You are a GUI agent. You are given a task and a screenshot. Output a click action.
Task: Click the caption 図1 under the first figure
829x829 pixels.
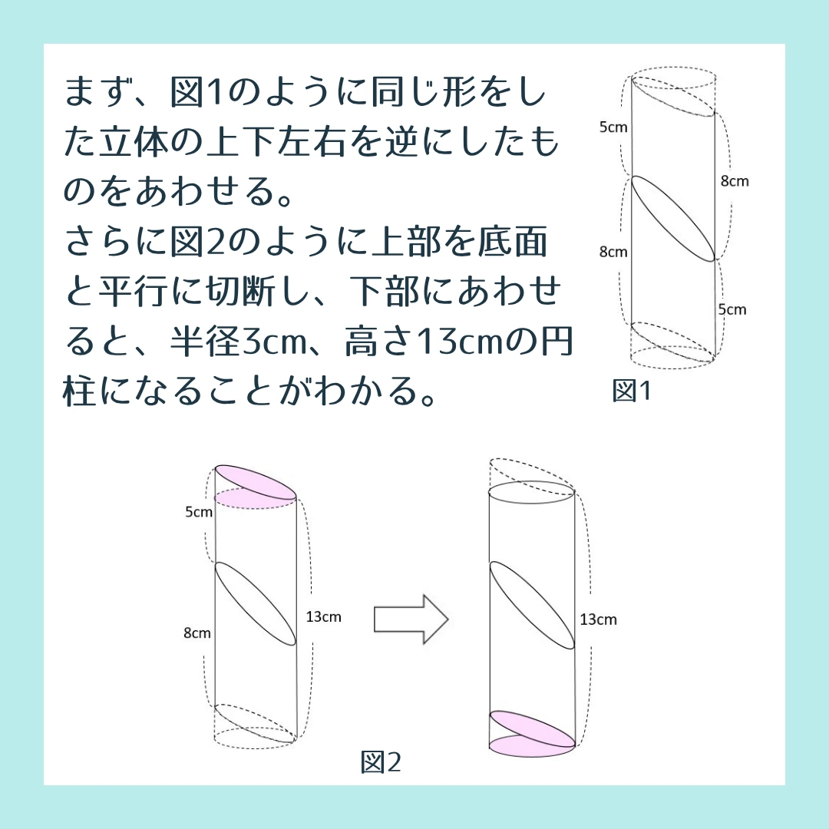pyautogui.click(x=631, y=391)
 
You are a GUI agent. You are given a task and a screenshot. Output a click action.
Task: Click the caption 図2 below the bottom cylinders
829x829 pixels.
pyautogui.click(x=381, y=762)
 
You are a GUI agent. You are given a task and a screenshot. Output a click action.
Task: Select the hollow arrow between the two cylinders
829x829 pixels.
pyautogui.click(x=411, y=619)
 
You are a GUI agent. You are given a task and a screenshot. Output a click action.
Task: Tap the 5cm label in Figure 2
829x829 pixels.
pyautogui.click(x=199, y=512)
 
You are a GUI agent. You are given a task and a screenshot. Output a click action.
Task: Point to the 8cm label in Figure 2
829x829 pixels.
pyautogui.click(x=197, y=632)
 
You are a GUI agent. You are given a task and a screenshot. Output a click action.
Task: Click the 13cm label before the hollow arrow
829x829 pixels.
pyautogui.click(x=324, y=616)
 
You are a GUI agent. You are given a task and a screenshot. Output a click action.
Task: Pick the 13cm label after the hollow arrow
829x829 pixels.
pyautogui.click(x=598, y=619)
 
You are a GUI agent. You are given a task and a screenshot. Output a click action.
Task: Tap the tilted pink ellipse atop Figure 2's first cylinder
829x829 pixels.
pyautogui.click(x=256, y=481)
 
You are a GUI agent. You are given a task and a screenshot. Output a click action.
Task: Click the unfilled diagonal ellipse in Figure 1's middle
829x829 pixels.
pyautogui.click(x=674, y=218)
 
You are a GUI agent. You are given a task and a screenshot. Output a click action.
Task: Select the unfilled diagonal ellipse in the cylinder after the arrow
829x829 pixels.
pyautogui.click(x=533, y=604)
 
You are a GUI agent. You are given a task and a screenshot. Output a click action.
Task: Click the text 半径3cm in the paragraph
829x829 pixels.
pyautogui.click(x=239, y=342)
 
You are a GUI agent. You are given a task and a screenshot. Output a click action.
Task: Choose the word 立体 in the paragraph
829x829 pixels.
pyautogui.click(x=134, y=142)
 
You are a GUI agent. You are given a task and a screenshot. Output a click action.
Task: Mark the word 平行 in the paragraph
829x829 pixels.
pyautogui.click(x=134, y=292)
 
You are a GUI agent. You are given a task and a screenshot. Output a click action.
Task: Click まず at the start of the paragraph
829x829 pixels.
pyautogui.click(x=98, y=92)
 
